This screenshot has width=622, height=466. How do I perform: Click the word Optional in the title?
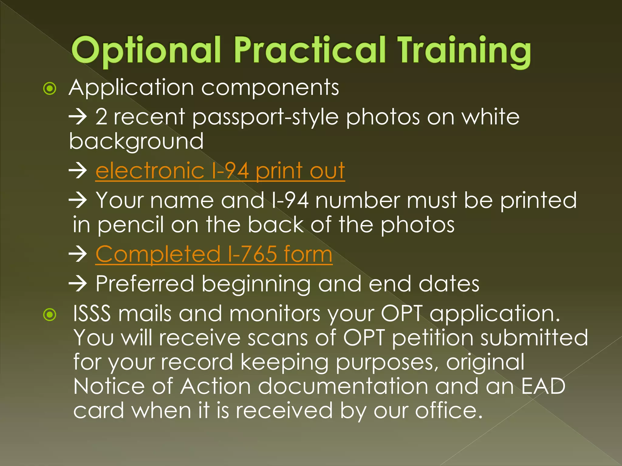click(x=146, y=50)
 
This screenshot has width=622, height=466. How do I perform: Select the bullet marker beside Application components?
click(x=50, y=89)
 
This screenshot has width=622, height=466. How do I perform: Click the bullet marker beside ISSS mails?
click(x=50, y=315)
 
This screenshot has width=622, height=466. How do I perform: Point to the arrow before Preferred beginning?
click(x=78, y=284)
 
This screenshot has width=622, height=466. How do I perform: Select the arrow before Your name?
click(x=78, y=201)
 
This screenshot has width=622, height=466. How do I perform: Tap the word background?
click(x=136, y=141)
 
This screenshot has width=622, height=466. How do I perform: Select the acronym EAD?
click(x=543, y=386)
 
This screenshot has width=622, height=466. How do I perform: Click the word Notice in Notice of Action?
click(x=109, y=386)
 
